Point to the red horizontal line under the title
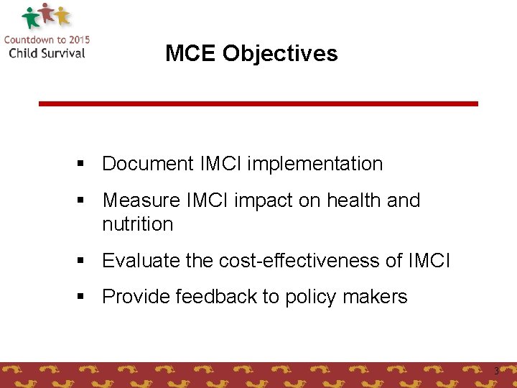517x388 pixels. [x=258, y=103]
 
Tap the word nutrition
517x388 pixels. [x=138, y=224]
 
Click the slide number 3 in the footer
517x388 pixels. [x=495, y=371]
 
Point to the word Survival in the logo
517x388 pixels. [x=61, y=52]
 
